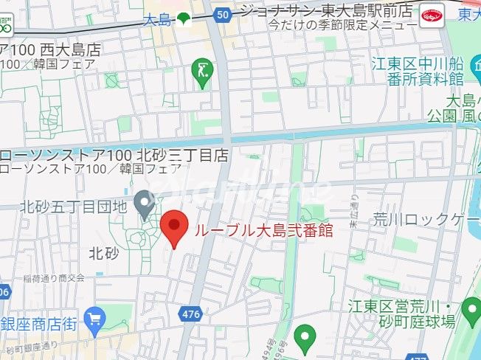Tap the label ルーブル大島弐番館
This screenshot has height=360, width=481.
[x=263, y=229]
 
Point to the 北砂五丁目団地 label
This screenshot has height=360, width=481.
[x=73, y=207]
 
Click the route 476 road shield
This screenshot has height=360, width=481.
[x=190, y=314]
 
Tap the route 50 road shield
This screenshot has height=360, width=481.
[x=224, y=14]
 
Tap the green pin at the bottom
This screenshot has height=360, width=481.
[x=302, y=338]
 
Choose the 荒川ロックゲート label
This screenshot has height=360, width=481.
[x=426, y=218]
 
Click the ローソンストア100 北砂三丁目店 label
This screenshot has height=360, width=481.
[x=114, y=156]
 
